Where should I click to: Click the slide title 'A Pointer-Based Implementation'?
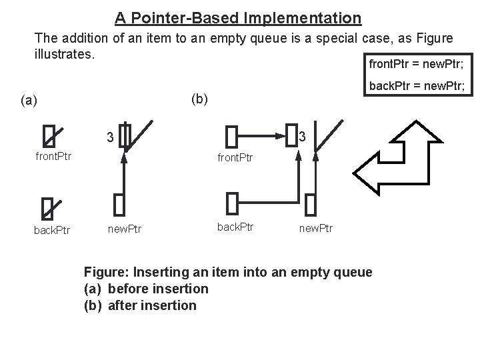pyautogui.click(x=237, y=17)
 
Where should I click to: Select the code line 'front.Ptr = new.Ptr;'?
pyautogui.click(x=416, y=65)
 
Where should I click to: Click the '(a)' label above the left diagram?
pyautogui.click(x=29, y=101)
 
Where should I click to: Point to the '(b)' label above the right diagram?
pyautogui.click(x=199, y=99)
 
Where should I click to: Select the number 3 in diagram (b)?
pyautogui.click(x=302, y=137)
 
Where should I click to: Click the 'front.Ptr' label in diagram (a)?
pyautogui.click(x=53, y=158)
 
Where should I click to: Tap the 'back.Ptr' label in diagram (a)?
pyautogui.click(x=53, y=230)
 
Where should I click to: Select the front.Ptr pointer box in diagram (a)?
pyautogui.click(x=49, y=136)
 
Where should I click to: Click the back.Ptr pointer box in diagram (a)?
pyautogui.click(x=47, y=208)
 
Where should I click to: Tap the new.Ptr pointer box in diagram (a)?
pyautogui.click(x=119, y=203)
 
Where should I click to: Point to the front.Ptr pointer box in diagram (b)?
pyautogui.click(x=231, y=137)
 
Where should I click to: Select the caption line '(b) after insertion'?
pyautogui.click(x=140, y=306)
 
